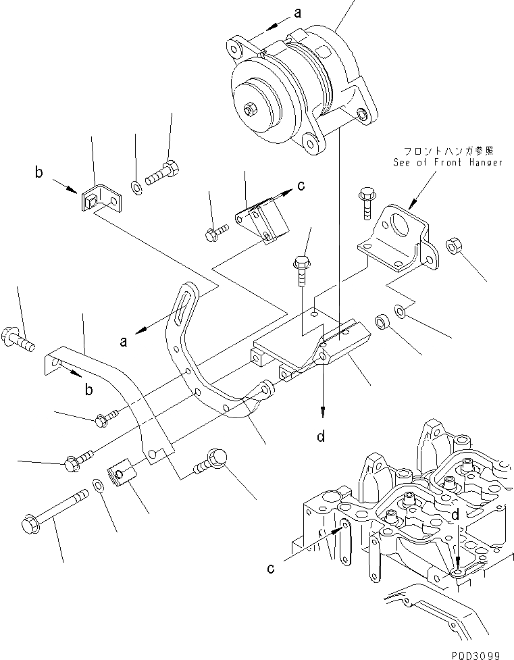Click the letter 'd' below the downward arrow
coord(322,436)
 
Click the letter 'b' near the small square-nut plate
coord(40,173)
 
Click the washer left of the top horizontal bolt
coord(137,184)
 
